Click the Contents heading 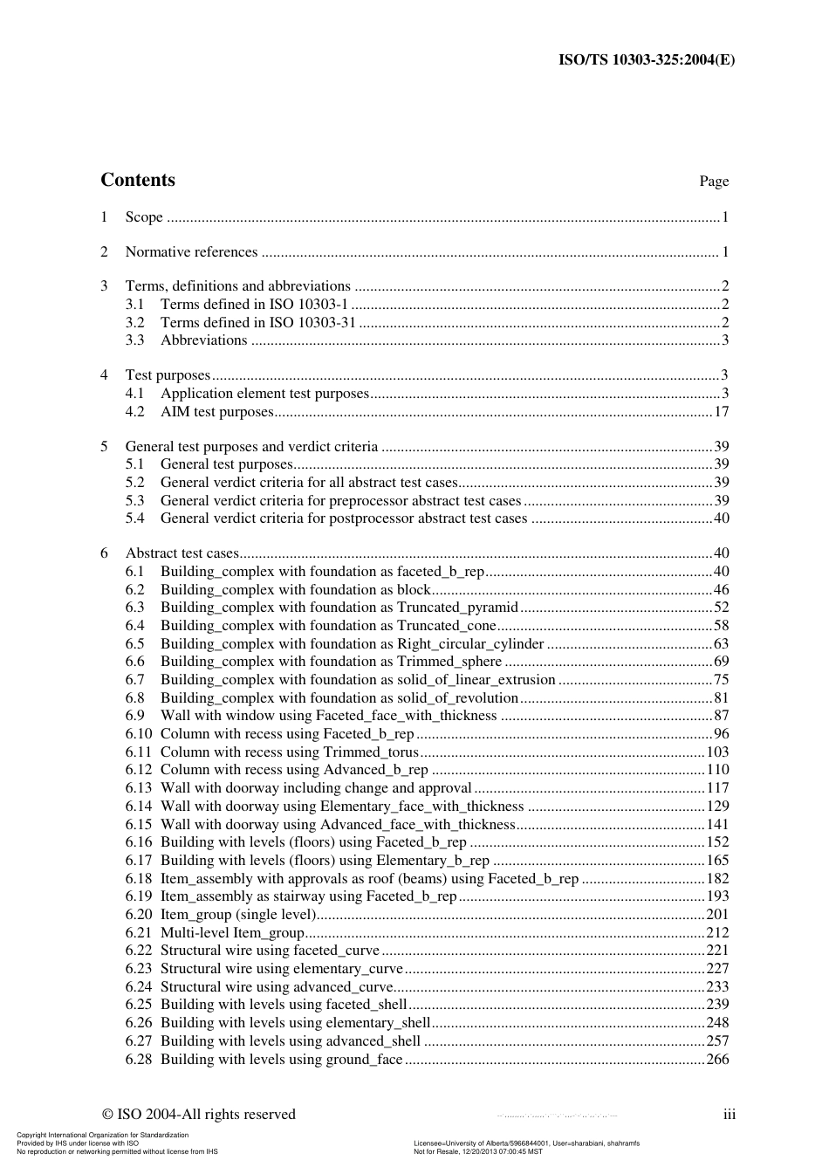pos(138,180)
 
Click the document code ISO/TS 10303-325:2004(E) pos(646,60)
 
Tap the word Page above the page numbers pos(713,182)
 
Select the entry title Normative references pos(191,252)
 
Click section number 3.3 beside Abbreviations pos(134,340)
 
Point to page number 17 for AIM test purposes pos(721,412)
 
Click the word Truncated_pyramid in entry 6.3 pos(457,608)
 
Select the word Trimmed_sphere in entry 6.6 pos(449,662)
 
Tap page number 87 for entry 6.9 pos(721,716)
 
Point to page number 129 pos(717,807)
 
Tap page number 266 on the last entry pos(717,1060)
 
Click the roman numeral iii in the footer pos(729,1115)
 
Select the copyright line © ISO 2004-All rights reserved pos(199,1115)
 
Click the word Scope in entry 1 pos(144,217)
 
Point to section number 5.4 pos(134,518)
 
